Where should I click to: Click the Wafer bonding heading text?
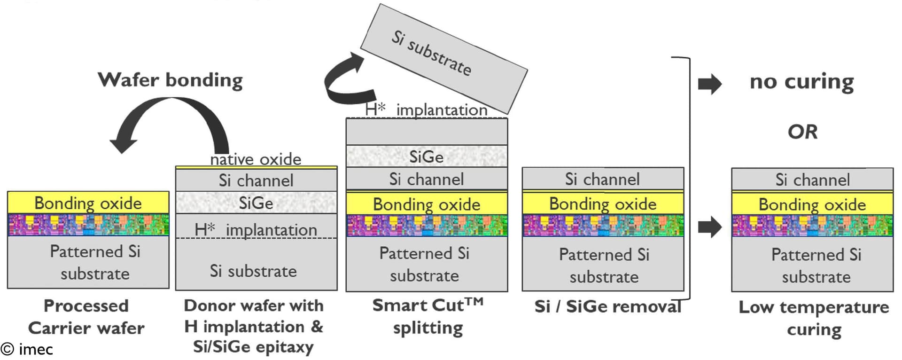point(170,80)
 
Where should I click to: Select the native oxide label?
point(256,159)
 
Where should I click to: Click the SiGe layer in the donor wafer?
point(256,203)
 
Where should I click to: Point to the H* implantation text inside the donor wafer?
point(256,230)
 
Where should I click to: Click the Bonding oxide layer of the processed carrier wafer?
point(88,203)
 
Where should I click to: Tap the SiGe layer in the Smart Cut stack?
point(426,157)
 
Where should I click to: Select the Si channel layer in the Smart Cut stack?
point(426,179)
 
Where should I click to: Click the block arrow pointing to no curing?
point(709,84)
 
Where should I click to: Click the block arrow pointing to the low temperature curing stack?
point(709,227)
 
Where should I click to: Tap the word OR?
point(802,132)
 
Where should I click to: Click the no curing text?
point(801,82)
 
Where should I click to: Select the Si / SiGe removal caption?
point(608,306)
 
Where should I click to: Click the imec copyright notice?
point(27,349)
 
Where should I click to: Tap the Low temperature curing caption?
point(814,318)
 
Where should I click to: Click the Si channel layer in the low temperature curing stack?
point(812,180)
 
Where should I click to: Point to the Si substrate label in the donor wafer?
point(253,271)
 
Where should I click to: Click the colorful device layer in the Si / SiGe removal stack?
point(603,225)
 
